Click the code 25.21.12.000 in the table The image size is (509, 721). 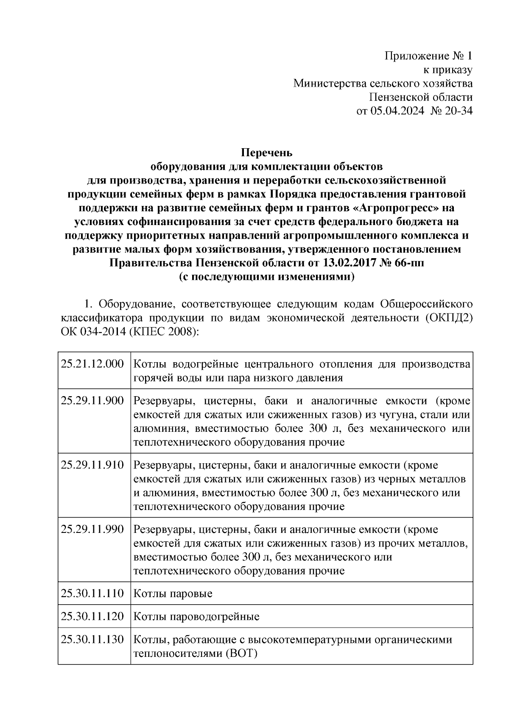point(92,364)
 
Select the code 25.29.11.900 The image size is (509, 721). point(92,400)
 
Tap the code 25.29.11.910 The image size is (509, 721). point(92,465)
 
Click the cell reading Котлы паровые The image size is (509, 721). point(173,593)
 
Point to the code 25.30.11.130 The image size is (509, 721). point(92,639)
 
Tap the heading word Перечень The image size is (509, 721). point(267,152)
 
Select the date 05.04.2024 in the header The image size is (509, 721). point(397,111)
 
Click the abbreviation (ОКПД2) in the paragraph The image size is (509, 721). point(448,318)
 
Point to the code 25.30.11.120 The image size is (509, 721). point(92,616)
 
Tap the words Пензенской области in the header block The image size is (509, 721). point(420,97)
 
